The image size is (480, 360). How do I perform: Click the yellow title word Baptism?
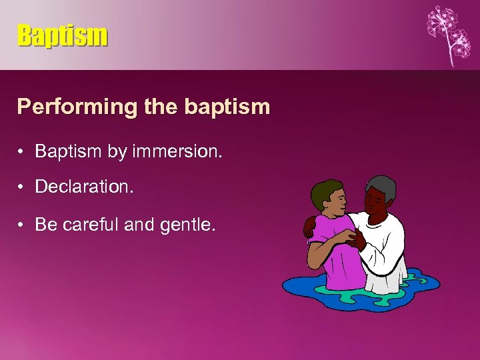[x=62, y=35]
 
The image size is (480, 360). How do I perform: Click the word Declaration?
[x=84, y=188]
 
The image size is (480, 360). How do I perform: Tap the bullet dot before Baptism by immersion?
[x=23, y=152]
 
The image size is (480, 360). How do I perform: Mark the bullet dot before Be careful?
[x=23, y=225]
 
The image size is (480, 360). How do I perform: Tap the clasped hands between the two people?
[x=352, y=235]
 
